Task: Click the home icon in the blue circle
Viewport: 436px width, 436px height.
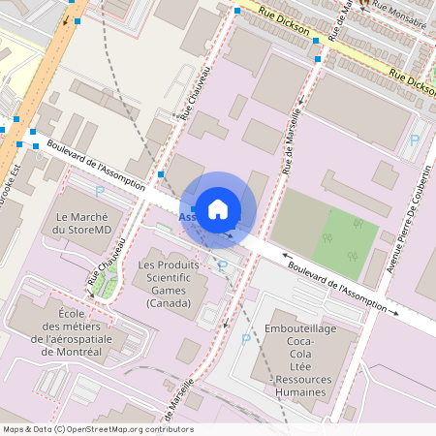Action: (218, 208)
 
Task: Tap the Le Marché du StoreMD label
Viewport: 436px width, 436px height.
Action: (88, 224)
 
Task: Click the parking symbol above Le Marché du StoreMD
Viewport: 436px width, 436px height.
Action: (99, 193)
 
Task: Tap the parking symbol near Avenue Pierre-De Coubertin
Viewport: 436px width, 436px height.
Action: (415, 140)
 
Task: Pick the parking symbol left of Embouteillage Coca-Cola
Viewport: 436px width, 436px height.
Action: (245, 341)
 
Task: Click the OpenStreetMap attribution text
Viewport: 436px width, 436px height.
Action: (98, 429)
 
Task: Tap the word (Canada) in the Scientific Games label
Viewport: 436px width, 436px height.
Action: (170, 303)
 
